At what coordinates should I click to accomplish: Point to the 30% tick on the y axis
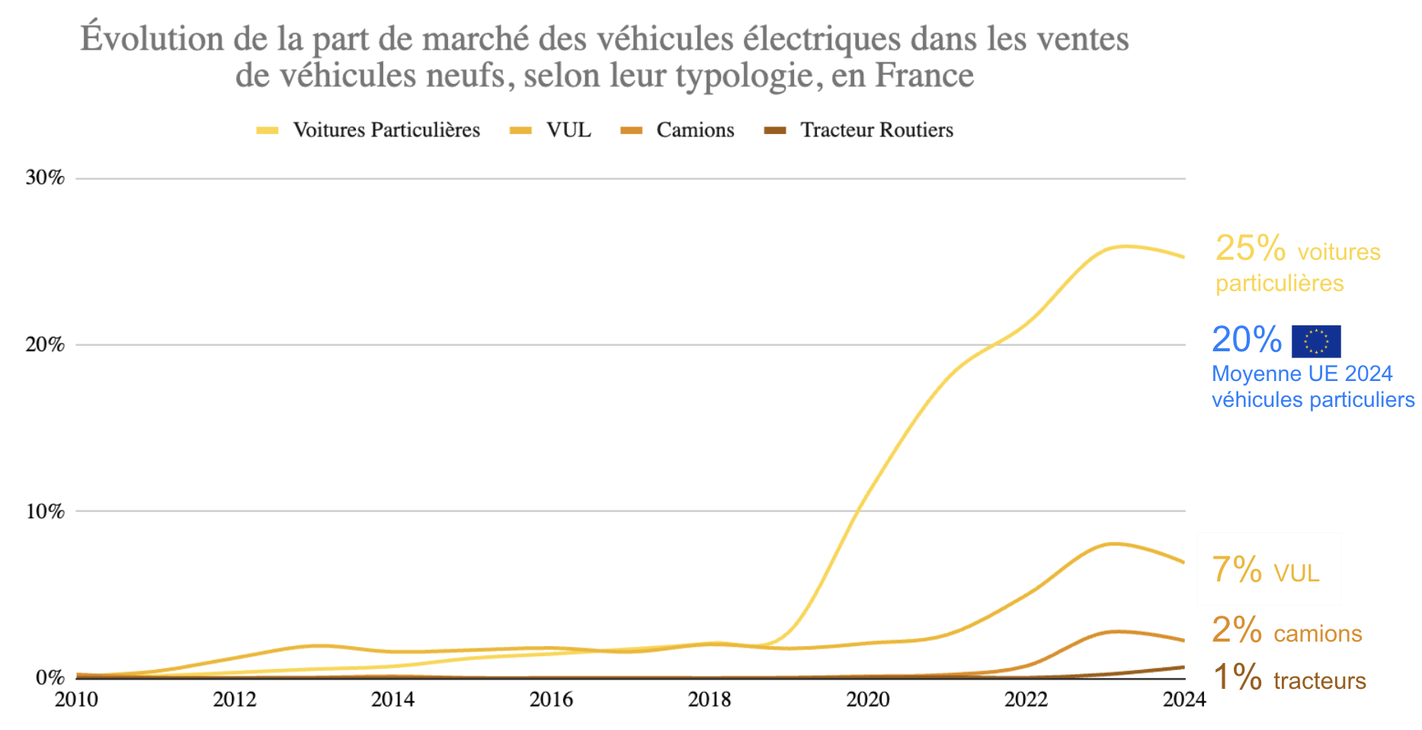pyautogui.click(x=45, y=178)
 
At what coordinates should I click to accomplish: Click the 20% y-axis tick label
pyautogui.click(x=45, y=344)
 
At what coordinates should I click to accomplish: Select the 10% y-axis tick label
pyautogui.click(x=45, y=511)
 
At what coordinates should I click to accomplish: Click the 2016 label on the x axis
pyautogui.click(x=551, y=700)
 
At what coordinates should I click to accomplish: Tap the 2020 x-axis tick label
pyautogui.click(x=868, y=700)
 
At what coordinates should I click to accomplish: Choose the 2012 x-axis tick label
pyautogui.click(x=235, y=700)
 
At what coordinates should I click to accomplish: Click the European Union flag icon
pyautogui.click(x=1315, y=341)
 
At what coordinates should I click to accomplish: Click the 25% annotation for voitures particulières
pyautogui.click(x=1250, y=249)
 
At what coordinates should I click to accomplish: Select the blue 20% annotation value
pyautogui.click(x=1247, y=340)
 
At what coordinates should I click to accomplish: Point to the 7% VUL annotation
pyautogui.click(x=1265, y=571)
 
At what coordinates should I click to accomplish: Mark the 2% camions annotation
pyautogui.click(x=1286, y=631)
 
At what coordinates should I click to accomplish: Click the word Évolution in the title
pyautogui.click(x=152, y=38)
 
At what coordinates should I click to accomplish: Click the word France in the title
pyautogui.click(x=924, y=75)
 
